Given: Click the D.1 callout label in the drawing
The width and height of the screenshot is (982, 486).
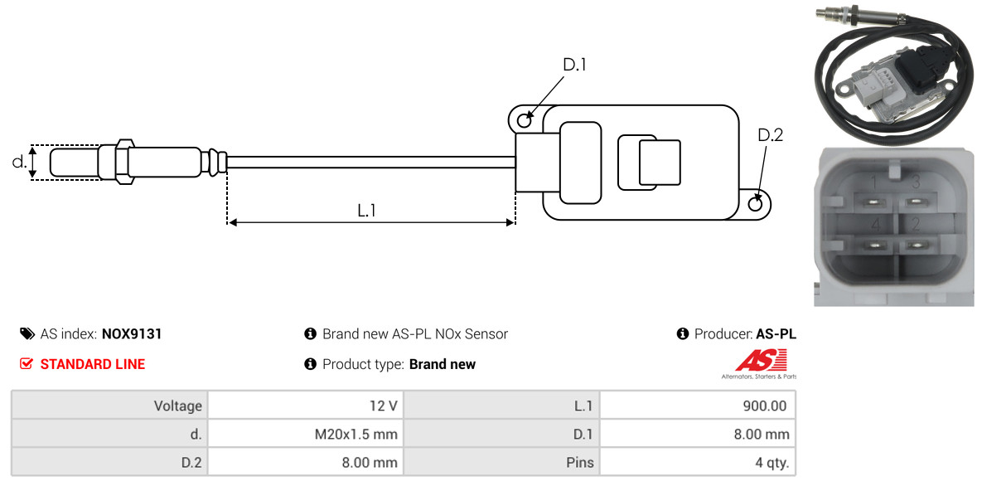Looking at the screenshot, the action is click(574, 65).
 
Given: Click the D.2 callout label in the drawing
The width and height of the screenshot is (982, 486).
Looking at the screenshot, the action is click(771, 135).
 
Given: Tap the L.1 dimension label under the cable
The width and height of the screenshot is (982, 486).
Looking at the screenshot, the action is click(366, 211).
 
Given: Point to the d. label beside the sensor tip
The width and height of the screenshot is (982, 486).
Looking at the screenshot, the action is click(19, 162).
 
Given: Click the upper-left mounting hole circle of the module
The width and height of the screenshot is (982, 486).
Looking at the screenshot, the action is click(525, 119).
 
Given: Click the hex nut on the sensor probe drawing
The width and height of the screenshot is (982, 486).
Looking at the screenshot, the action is click(123, 161).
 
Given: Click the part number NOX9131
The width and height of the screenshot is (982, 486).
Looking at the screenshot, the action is click(132, 333).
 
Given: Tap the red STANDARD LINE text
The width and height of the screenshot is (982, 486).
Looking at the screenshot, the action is click(93, 364).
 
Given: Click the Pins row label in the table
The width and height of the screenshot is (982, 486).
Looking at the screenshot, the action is click(580, 464).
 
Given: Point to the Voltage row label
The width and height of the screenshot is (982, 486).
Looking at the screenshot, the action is click(178, 406).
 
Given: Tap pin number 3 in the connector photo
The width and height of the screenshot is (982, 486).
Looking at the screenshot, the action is click(915, 183).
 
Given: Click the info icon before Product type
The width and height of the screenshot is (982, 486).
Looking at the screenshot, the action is click(309, 364).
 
